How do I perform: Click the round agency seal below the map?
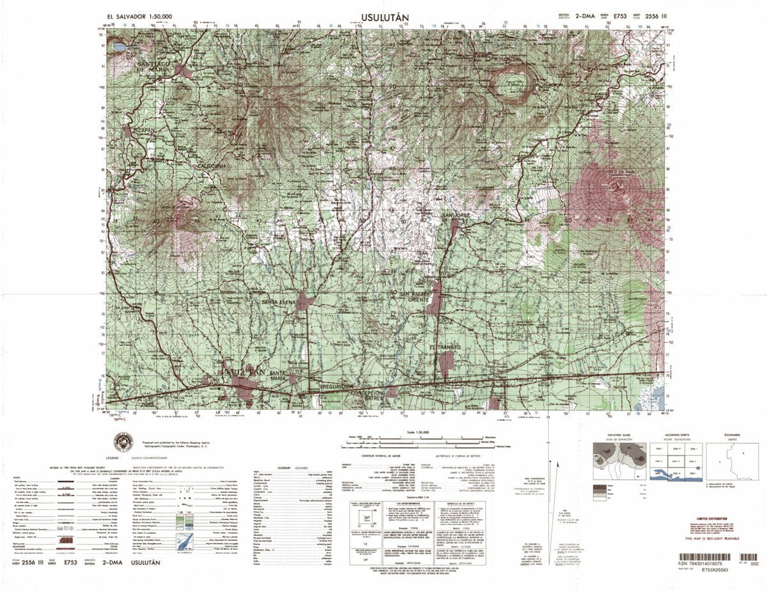tap(123, 441)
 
